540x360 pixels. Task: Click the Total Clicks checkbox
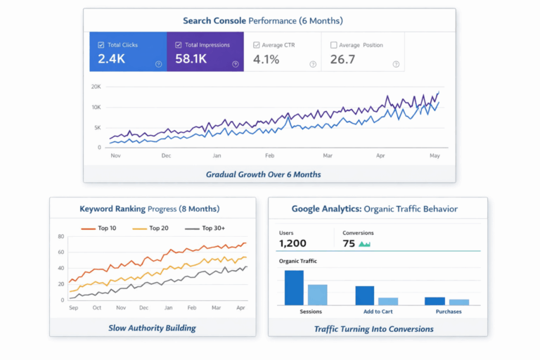101,45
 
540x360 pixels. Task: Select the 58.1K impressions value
191,59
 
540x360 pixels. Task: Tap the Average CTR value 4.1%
266,59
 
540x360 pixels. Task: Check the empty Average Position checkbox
333,45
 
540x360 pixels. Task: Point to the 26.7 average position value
342,59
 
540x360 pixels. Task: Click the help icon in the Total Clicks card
158,64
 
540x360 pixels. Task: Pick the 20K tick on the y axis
96,86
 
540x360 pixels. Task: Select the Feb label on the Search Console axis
269,155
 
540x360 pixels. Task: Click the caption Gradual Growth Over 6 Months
263,174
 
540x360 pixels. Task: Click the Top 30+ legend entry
205,229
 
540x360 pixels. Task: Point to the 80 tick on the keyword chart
61,236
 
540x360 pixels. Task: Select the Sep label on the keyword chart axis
73,308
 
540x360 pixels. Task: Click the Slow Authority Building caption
152,328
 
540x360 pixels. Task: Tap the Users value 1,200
293,243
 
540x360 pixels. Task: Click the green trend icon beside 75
364,244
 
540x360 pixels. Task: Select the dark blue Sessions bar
294,288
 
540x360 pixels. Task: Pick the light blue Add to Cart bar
388,301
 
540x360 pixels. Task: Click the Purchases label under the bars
448,311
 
